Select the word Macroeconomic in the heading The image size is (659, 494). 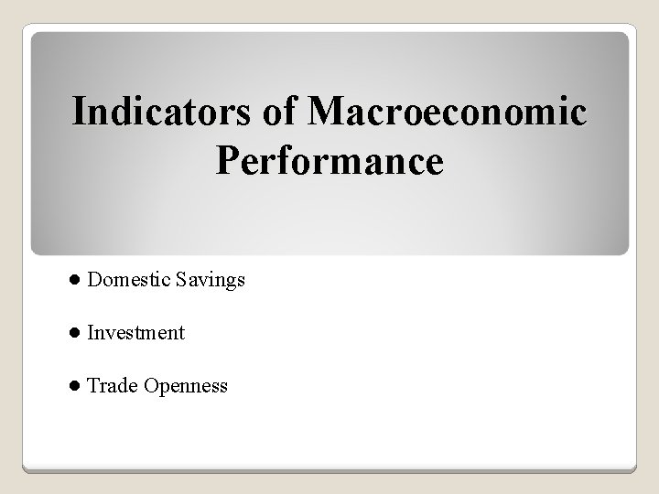pyautogui.click(x=448, y=112)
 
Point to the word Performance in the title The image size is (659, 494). pyautogui.click(x=329, y=161)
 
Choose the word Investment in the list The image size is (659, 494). pyautogui.click(x=135, y=333)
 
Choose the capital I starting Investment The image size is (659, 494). pyautogui.click(x=90, y=333)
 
